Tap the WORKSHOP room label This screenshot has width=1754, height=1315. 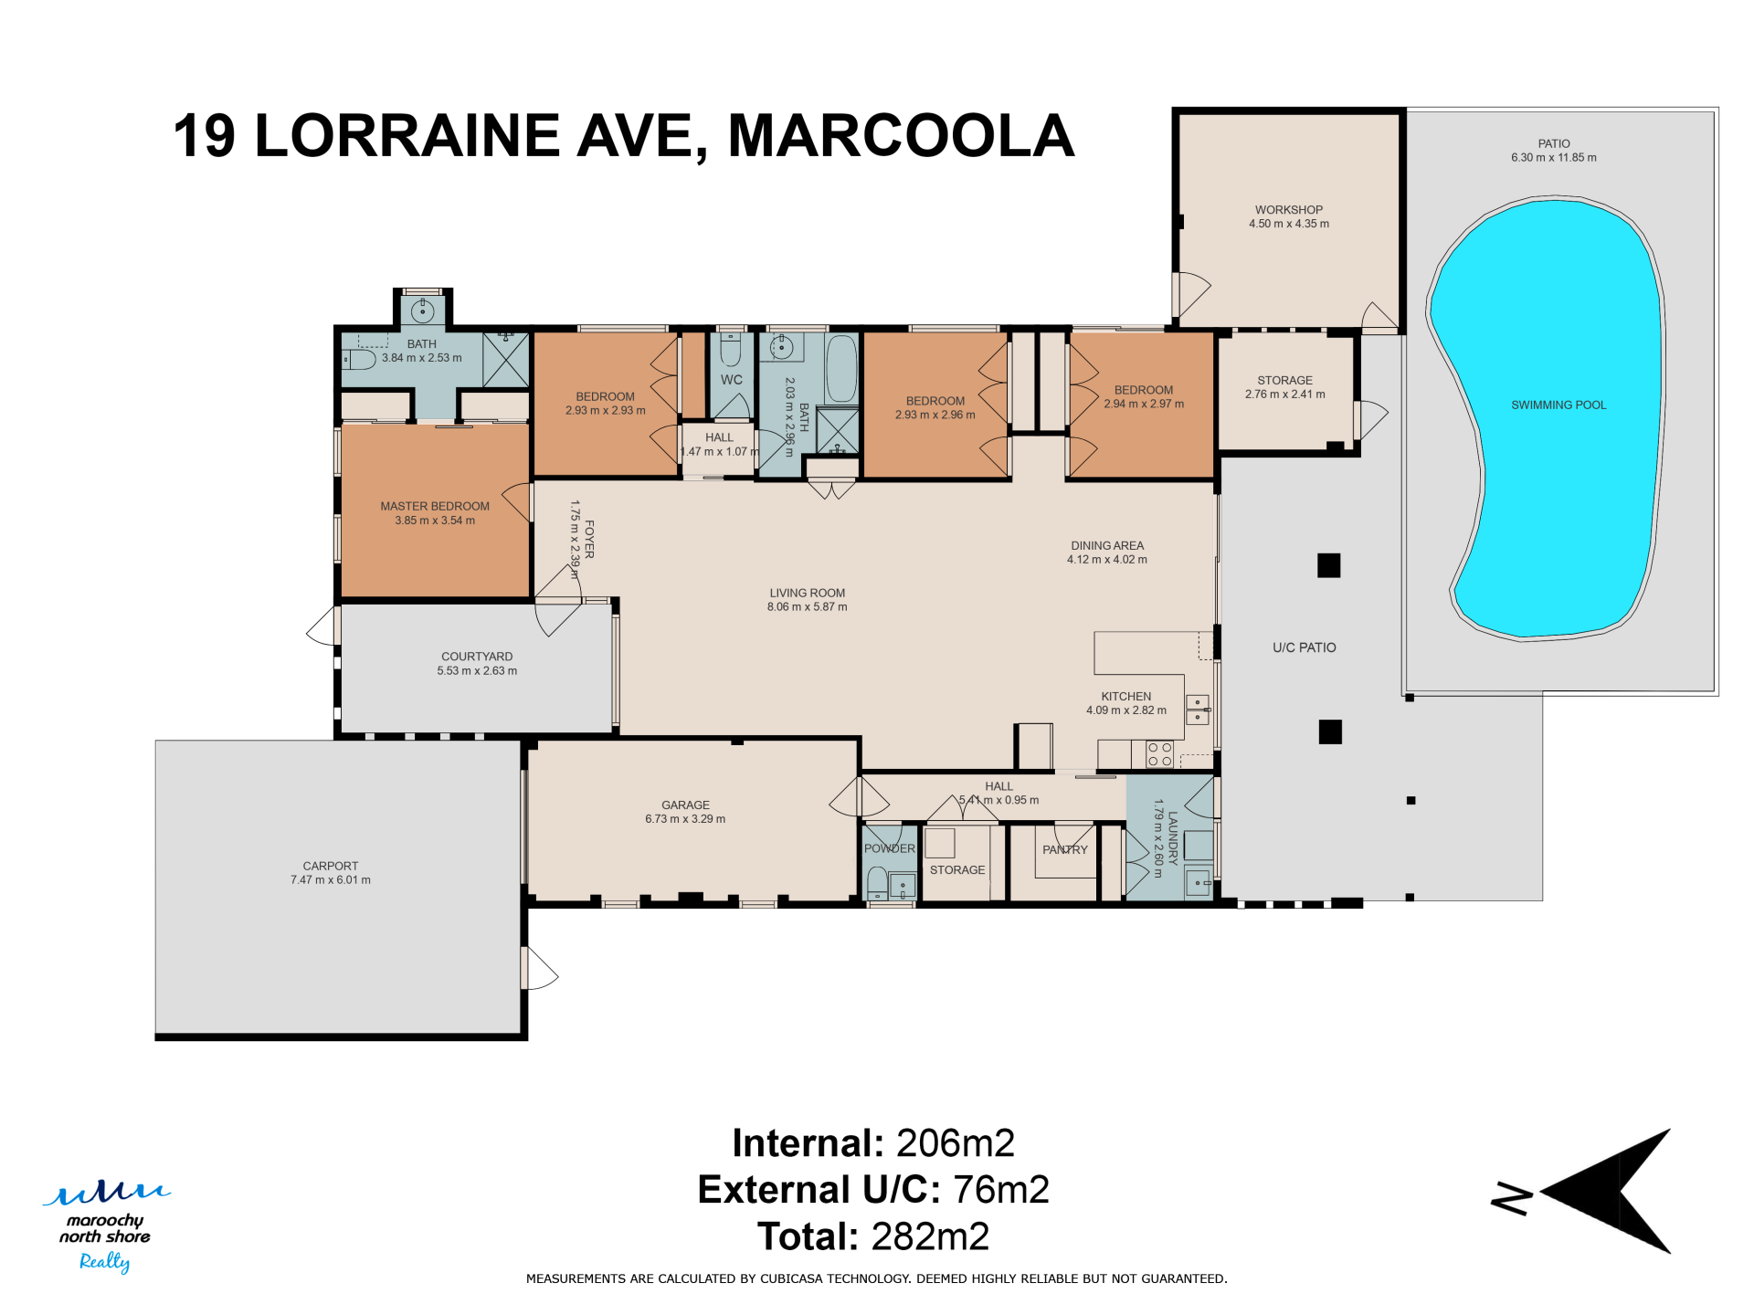pos(1288,210)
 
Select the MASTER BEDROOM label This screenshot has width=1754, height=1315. pos(435,506)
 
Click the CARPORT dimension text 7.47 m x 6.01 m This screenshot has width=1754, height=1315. pos(331,880)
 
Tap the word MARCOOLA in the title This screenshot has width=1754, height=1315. pos(901,136)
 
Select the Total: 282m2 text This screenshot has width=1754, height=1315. pos(873,1236)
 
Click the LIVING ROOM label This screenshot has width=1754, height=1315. pos(807,593)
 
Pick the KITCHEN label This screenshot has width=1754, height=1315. pos(1125,696)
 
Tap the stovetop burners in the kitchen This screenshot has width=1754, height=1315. pos(1159,754)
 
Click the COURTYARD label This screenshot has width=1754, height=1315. pos(477,657)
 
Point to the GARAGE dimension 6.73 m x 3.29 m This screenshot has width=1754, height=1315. pos(685,819)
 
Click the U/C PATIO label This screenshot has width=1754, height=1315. pos(1305,647)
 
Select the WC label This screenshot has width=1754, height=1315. pos(732,380)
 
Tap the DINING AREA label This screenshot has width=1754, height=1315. pos(1107,545)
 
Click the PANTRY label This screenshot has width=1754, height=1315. pos(1065,849)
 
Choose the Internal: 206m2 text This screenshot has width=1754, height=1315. pos(873,1143)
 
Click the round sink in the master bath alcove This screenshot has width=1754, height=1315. pos(422,311)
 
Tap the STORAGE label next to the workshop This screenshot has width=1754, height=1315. pos(1284,380)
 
